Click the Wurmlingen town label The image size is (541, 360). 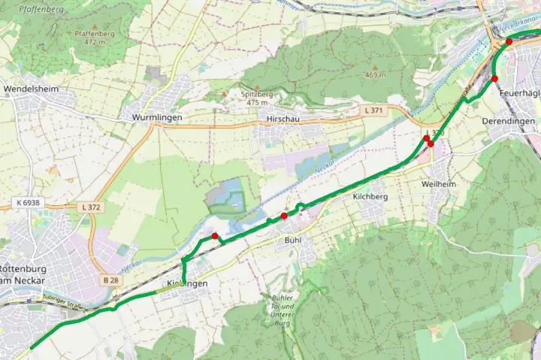coord(157,118)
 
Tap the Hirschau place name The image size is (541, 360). coord(278,119)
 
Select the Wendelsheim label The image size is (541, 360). coord(31,89)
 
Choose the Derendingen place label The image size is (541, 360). coord(509,121)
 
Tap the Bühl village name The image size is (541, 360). coord(293,240)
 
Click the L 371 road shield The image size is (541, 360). coord(373,110)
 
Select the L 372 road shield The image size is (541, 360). coord(89,207)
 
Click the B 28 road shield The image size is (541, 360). coord(111,280)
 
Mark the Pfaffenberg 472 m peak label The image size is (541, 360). coord(94,38)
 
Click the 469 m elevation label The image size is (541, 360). coord(375,75)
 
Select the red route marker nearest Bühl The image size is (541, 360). coord(284,216)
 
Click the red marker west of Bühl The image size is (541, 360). coord(216,237)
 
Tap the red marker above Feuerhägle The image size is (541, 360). coord(494,79)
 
